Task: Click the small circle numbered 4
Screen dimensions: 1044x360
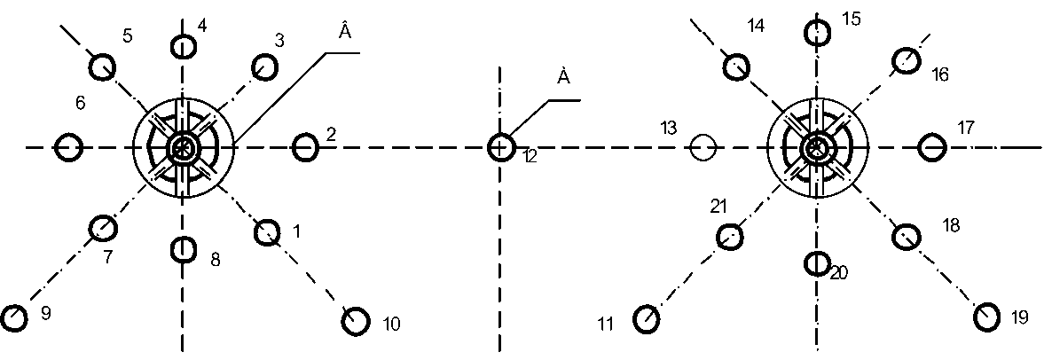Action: coord(183,45)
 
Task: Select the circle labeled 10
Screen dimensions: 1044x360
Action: coord(356,320)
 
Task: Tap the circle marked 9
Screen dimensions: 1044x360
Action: coord(13,317)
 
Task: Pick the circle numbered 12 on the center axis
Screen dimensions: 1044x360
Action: coord(501,146)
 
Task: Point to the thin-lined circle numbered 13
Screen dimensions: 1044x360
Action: coord(703,147)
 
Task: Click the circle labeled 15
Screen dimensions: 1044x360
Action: coord(818,34)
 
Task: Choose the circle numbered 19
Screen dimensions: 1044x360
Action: coord(987,315)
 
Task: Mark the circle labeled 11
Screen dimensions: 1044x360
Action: coord(646,318)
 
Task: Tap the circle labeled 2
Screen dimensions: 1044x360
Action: coord(305,146)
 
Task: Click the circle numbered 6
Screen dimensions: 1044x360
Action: coord(68,147)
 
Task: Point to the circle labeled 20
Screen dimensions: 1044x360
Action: coord(816,262)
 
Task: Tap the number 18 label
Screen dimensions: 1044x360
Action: coord(950,226)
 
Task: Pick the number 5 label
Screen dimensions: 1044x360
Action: coord(127,36)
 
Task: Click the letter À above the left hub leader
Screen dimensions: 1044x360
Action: coord(345,31)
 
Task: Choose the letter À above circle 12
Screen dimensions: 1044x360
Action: coord(562,77)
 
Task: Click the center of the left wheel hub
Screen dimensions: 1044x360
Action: coord(183,147)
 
